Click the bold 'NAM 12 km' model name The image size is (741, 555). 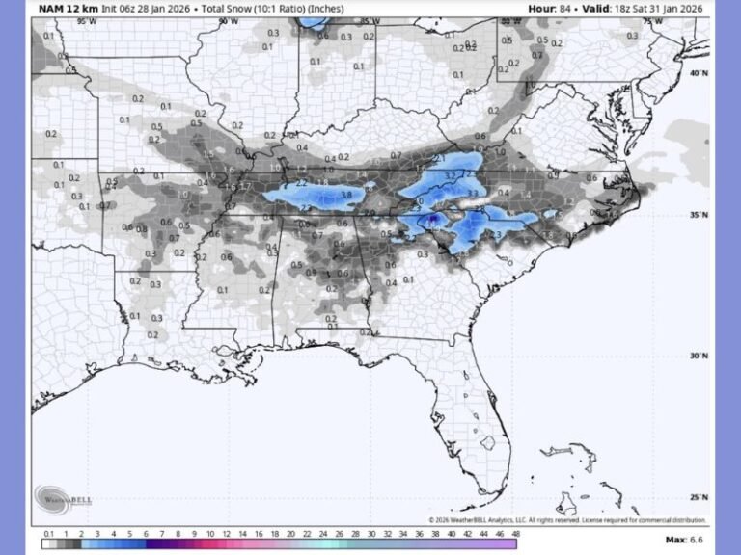click(68, 9)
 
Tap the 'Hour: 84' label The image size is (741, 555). click(549, 9)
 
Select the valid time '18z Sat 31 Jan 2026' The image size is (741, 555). click(655, 9)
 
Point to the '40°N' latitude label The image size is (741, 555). click(698, 73)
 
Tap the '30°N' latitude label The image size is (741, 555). click(698, 357)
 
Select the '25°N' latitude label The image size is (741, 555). click(698, 497)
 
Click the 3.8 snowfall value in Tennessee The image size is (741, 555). click(346, 194)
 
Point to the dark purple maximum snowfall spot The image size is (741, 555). click(433, 220)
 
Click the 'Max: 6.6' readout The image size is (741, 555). click(686, 541)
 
